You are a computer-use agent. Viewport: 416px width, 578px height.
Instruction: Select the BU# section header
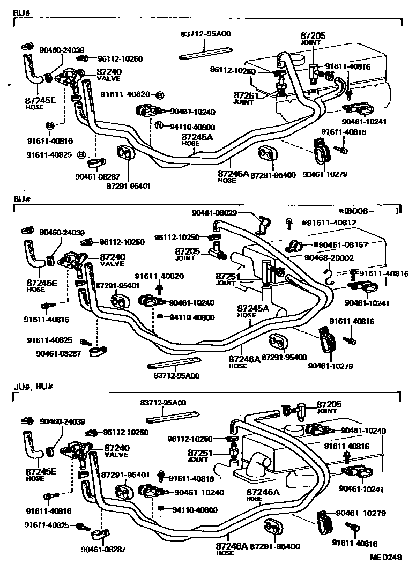[x=21, y=199]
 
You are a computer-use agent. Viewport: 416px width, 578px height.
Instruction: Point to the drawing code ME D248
[x=385, y=557]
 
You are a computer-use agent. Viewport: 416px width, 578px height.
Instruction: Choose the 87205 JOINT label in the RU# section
[x=314, y=39]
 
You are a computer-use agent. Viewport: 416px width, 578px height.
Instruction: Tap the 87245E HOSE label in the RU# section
[x=40, y=102]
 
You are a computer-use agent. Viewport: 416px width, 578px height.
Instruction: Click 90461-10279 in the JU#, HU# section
[x=361, y=513]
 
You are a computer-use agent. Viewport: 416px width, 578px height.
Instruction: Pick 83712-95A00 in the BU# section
[x=176, y=376]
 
